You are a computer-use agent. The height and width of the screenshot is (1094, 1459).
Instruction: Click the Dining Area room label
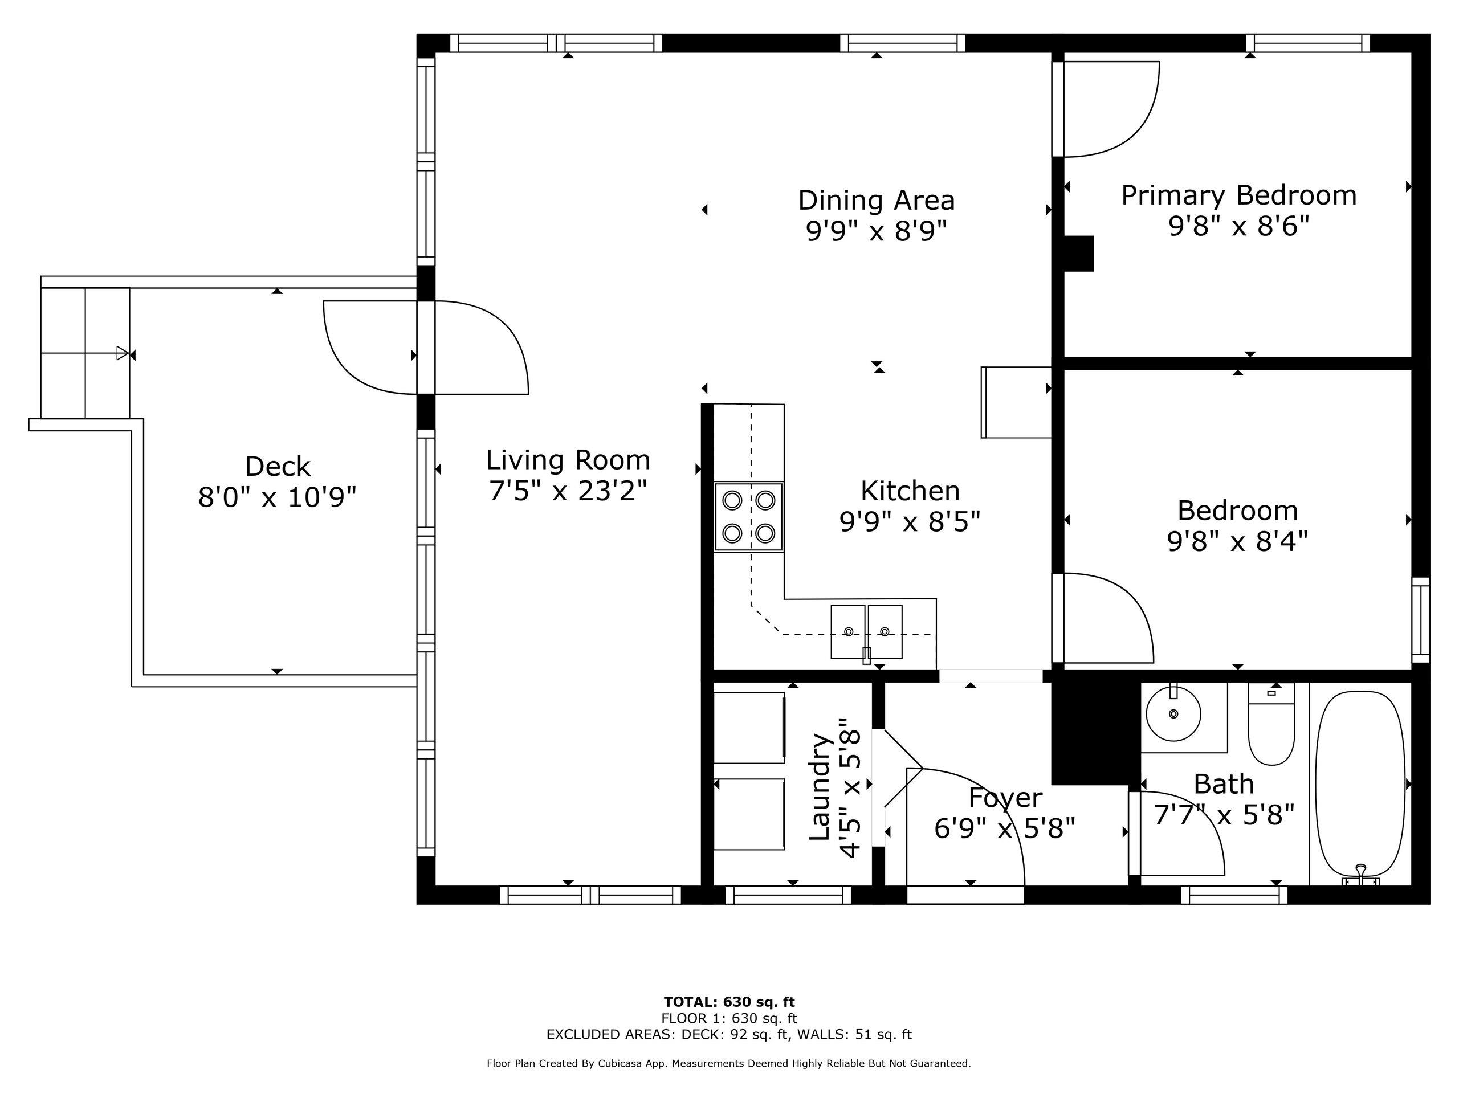[x=876, y=201]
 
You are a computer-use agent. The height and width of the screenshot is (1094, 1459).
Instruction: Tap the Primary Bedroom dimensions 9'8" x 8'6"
[x=1238, y=227]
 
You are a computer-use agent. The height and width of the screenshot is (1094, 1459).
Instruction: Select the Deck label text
[x=277, y=467]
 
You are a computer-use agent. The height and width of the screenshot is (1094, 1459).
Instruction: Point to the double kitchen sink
[x=866, y=631]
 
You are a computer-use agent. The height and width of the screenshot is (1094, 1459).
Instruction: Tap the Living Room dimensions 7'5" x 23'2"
[x=567, y=491]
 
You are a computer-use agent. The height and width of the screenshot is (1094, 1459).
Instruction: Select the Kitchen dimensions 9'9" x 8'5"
[x=910, y=522]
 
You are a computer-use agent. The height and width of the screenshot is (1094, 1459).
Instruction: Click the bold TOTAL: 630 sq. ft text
[x=729, y=1002]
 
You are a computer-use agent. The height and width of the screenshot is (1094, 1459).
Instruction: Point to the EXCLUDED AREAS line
[x=729, y=1035]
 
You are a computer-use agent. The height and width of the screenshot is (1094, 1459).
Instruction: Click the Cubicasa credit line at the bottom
[x=729, y=1064]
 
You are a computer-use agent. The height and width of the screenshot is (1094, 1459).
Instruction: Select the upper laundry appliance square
[x=749, y=728]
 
